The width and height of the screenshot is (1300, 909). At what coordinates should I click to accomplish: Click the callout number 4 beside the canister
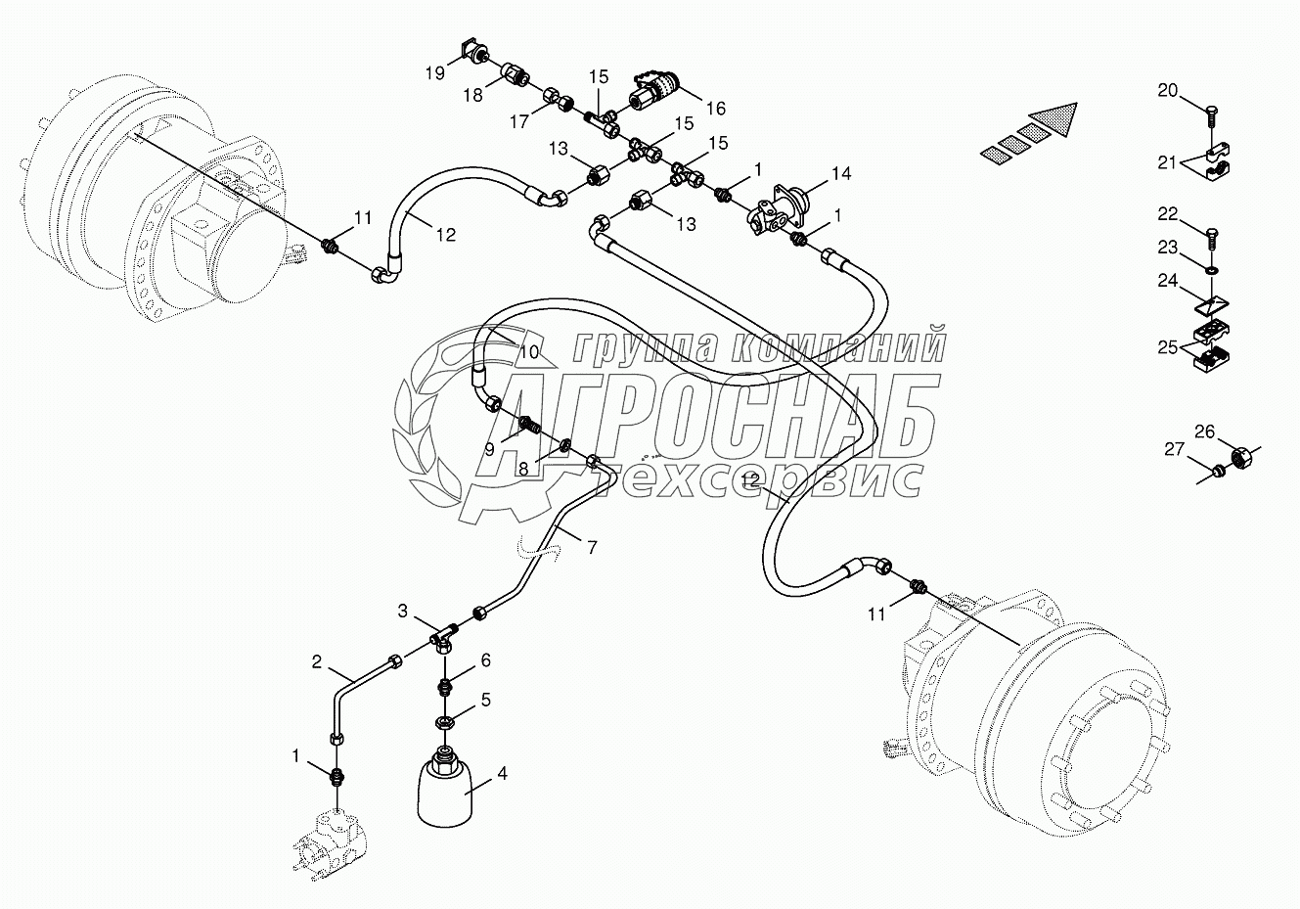pyautogui.click(x=502, y=774)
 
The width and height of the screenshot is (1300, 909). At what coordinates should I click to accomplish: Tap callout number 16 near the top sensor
pyautogui.click(x=716, y=109)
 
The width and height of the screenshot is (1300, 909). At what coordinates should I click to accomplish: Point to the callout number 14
pyautogui.click(x=841, y=173)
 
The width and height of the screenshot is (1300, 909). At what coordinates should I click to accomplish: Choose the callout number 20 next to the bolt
pyautogui.click(x=1167, y=91)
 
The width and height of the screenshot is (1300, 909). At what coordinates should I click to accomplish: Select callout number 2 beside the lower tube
pyautogui.click(x=317, y=661)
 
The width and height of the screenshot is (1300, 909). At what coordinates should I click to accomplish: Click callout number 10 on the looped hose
pyautogui.click(x=529, y=350)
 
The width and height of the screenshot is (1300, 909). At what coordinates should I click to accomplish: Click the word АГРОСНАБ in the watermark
pyautogui.click(x=724, y=413)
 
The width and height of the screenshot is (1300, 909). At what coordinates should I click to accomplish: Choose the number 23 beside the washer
pyautogui.click(x=1167, y=248)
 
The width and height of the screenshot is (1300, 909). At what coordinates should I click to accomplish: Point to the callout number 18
pyautogui.click(x=472, y=95)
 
